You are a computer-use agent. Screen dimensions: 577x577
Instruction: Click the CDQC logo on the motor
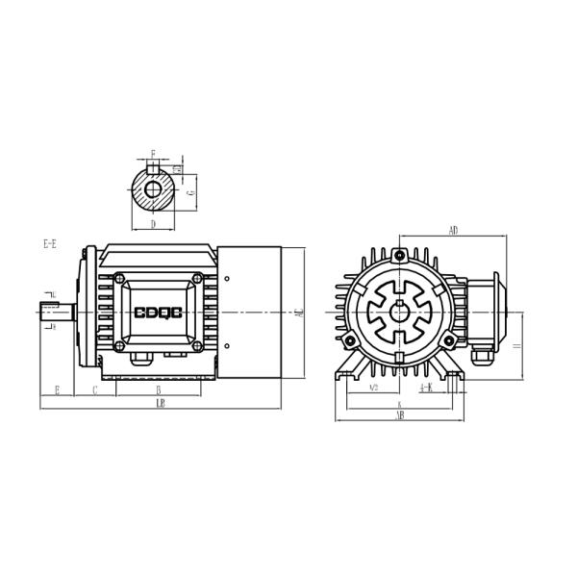tap(160, 314)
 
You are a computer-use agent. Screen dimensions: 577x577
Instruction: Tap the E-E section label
tap(50, 245)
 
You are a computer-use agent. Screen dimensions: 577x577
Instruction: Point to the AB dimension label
tap(399, 416)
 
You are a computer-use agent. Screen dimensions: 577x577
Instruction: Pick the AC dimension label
tap(300, 313)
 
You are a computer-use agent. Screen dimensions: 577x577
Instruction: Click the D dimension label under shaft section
tap(153, 224)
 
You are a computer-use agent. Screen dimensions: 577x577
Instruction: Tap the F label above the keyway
tap(152, 154)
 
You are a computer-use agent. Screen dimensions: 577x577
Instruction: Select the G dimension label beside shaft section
tap(192, 191)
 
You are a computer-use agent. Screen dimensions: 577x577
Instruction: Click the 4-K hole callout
tap(426, 388)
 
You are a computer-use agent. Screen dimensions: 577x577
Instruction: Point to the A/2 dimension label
tap(372, 389)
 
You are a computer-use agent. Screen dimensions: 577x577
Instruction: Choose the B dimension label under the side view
tap(158, 389)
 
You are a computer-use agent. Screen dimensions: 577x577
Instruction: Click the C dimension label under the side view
tap(94, 389)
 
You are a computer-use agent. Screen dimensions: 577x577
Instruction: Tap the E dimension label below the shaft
tap(57, 389)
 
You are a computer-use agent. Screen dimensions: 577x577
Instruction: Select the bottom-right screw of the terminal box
tap(197, 344)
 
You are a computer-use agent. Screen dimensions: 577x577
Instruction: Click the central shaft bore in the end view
tap(398, 313)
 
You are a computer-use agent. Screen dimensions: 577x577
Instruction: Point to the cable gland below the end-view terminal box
tap(480, 360)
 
